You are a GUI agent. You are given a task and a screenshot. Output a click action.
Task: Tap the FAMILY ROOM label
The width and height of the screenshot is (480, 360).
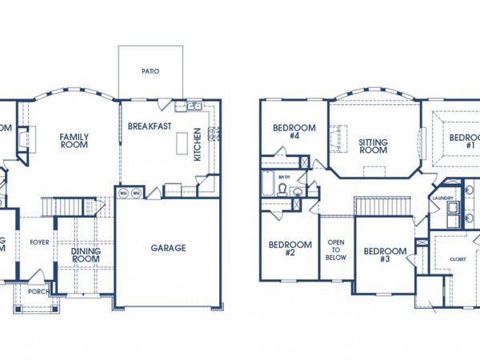coord(74,142)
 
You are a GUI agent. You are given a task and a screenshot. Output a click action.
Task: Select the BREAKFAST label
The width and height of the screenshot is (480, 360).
coord(150,126)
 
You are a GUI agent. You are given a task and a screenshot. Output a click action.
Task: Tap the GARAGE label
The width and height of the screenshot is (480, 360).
coord(168,248)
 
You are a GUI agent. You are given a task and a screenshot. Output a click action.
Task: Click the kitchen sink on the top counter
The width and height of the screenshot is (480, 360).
coord(193,106)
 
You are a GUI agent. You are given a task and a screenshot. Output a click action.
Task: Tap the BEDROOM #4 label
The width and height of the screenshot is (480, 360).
coord(294,132)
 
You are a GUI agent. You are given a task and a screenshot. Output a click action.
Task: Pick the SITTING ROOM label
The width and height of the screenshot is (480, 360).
coord(373,146)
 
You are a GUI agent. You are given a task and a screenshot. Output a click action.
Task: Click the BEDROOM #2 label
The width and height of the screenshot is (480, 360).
coord(289,249)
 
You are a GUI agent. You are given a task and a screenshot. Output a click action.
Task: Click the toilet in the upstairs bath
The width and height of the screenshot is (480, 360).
coord(282,189)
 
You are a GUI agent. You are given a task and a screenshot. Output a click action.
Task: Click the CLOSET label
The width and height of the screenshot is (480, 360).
coord(457,259)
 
